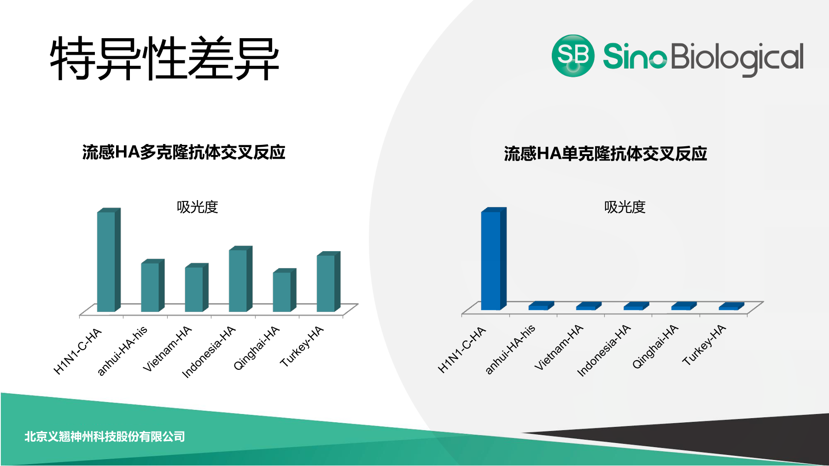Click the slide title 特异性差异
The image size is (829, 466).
click(x=164, y=58)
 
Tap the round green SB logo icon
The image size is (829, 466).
click(x=573, y=56)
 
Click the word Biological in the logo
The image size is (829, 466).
click(x=737, y=58)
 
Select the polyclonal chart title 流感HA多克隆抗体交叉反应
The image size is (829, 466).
click(x=184, y=152)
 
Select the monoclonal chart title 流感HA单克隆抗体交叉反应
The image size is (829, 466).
click(x=605, y=154)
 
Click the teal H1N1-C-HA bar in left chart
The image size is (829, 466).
click(x=109, y=260)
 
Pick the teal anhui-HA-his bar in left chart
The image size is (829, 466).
click(x=152, y=285)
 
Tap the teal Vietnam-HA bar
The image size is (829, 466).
click(x=197, y=288)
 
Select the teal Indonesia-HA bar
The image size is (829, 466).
click(x=240, y=279)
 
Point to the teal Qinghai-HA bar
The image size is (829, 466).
click(x=284, y=290)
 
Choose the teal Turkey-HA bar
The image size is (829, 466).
click(x=328, y=282)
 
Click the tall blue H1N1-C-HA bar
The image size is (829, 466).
click(x=493, y=259)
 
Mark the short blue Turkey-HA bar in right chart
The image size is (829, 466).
click(x=731, y=306)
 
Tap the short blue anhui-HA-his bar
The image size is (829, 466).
click(x=541, y=306)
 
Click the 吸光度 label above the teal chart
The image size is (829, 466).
click(x=197, y=207)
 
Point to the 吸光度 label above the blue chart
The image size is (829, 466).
click(x=625, y=207)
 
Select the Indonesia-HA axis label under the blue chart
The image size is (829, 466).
click(x=604, y=350)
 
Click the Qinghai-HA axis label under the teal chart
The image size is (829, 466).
click(x=257, y=348)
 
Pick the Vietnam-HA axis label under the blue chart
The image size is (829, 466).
click(x=559, y=347)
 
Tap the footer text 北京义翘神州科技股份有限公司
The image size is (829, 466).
click(x=105, y=437)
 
